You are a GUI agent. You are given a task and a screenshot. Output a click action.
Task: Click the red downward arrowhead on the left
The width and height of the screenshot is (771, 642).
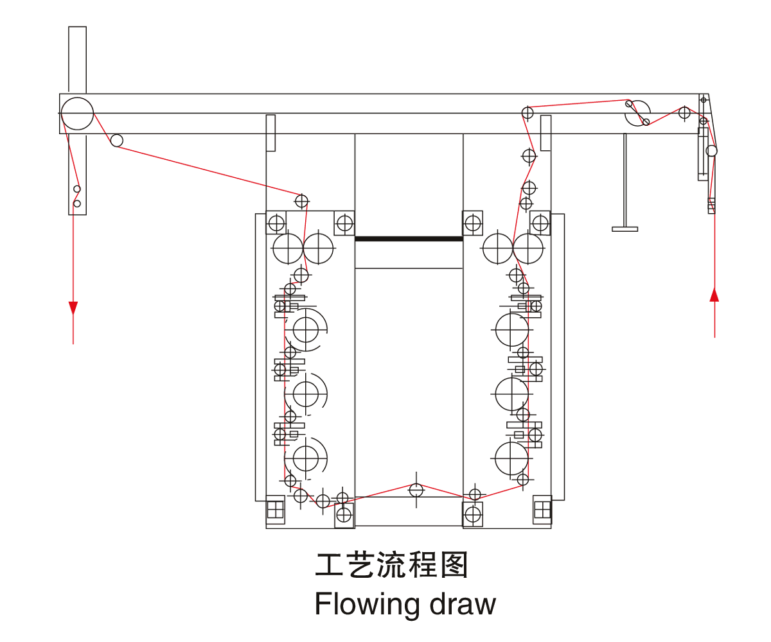coord(73,308)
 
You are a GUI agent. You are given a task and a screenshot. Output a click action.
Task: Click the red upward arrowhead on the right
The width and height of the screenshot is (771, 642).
coord(714,294)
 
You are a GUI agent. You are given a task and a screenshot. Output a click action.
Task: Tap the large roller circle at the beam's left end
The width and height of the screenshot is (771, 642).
coord(78,114)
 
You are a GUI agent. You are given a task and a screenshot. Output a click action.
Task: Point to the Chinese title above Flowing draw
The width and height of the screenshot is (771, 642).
coord(391,565)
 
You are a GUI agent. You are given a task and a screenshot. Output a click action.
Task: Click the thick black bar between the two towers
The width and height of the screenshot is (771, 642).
coord(409,239)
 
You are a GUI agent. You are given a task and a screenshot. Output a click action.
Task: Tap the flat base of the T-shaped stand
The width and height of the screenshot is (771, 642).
coord(625,229)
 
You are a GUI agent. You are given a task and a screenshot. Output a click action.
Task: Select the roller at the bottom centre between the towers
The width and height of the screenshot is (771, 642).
coord(416,490)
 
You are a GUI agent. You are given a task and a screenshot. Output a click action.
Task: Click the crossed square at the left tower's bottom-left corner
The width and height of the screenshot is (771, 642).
coord(276,509)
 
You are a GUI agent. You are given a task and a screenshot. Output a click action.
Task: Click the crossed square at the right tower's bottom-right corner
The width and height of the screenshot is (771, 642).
coord(542,509)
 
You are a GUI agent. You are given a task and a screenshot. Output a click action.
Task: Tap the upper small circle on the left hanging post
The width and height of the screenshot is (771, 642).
coord(77,189)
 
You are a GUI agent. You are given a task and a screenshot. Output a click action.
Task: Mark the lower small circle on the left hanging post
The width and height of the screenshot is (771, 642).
coord(77,204)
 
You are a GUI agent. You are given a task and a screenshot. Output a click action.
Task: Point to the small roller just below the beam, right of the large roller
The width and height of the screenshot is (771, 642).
coord(117,140)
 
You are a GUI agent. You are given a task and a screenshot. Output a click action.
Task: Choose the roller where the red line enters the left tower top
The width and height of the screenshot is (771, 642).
coord(301,201)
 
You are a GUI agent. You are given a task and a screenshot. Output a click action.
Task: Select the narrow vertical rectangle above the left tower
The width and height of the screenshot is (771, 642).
coord(270,133)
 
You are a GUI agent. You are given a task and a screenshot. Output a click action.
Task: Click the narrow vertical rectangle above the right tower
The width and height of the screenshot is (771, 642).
coord(546,133)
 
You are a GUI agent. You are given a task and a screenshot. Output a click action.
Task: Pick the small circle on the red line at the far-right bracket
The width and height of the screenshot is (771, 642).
coord(711,151)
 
